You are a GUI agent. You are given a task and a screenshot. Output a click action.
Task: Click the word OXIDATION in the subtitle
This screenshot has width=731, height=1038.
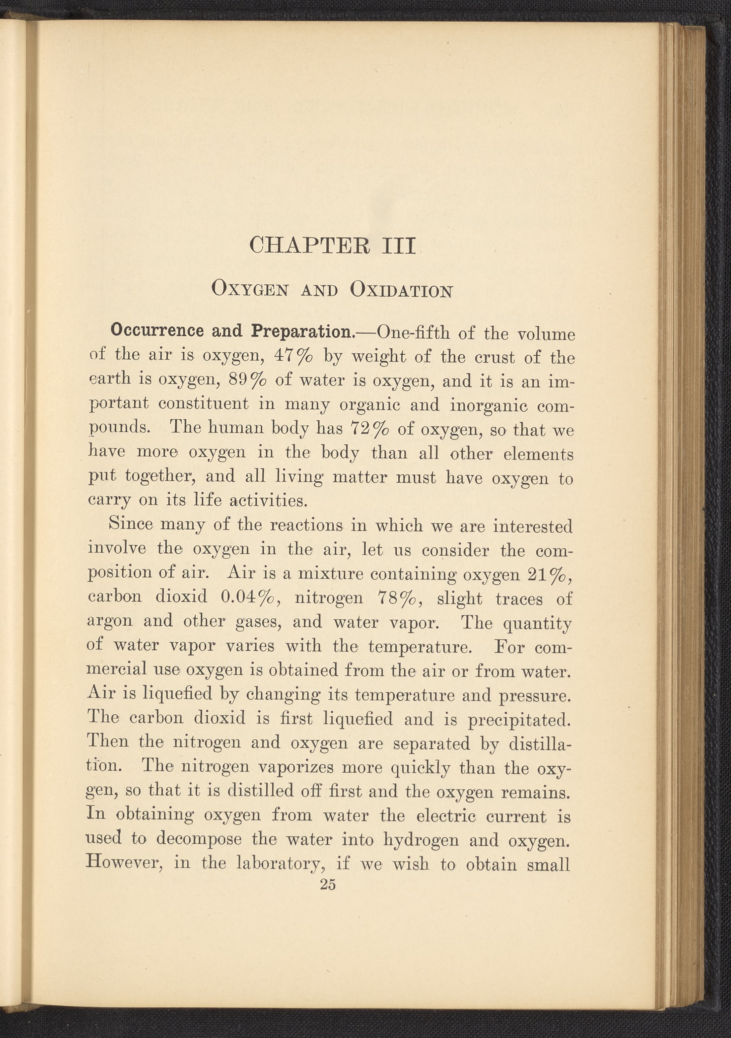click(x=401, y=290)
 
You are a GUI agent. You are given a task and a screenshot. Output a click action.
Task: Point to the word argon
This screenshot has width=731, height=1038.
click(x=110, y=622)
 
